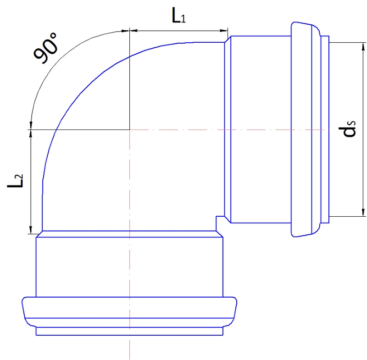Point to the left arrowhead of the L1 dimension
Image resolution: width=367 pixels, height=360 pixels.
point(134,31)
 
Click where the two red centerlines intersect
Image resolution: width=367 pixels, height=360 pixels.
point(130,130)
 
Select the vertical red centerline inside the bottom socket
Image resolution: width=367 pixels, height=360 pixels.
point(130,266)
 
